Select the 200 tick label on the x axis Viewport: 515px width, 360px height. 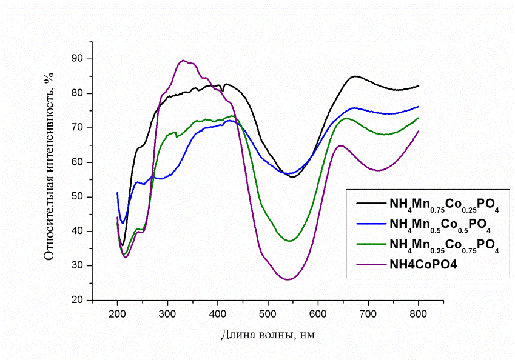117,313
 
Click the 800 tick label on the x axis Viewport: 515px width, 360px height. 419,313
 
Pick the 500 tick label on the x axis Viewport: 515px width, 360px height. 268,313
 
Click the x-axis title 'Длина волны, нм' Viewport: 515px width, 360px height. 268,334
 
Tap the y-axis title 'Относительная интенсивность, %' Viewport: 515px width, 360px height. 49,164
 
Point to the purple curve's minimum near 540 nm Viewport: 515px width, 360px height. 288,279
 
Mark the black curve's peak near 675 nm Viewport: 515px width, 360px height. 355,76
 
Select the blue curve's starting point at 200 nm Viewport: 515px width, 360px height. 117,193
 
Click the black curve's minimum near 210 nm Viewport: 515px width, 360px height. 123,245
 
